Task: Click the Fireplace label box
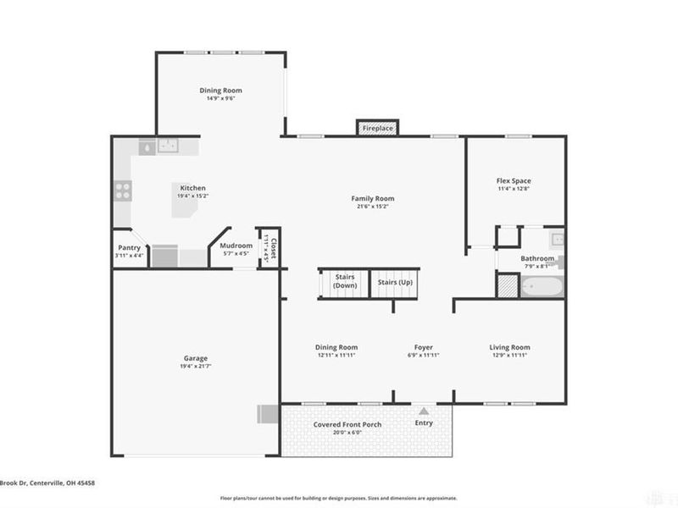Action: [377, 128]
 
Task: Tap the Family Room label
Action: [373, 199]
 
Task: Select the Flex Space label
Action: [514, 180]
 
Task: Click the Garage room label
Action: [195, 358]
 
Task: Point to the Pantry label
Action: [130, 247]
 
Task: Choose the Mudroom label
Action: [236, 246]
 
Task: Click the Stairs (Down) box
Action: [344, 282]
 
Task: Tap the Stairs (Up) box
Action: [395, 281]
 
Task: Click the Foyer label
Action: [423, 347]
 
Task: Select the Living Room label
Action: [509, 347]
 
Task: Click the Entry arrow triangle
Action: [423, 411]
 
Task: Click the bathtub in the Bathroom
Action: [541, 287]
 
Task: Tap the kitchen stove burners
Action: [123, 190]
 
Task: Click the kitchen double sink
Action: [168, 146]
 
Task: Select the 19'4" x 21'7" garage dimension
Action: [195, 367]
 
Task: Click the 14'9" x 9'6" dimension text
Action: [220, 98]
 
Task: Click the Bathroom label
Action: [537, 258]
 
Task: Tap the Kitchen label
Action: [192, 188]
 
